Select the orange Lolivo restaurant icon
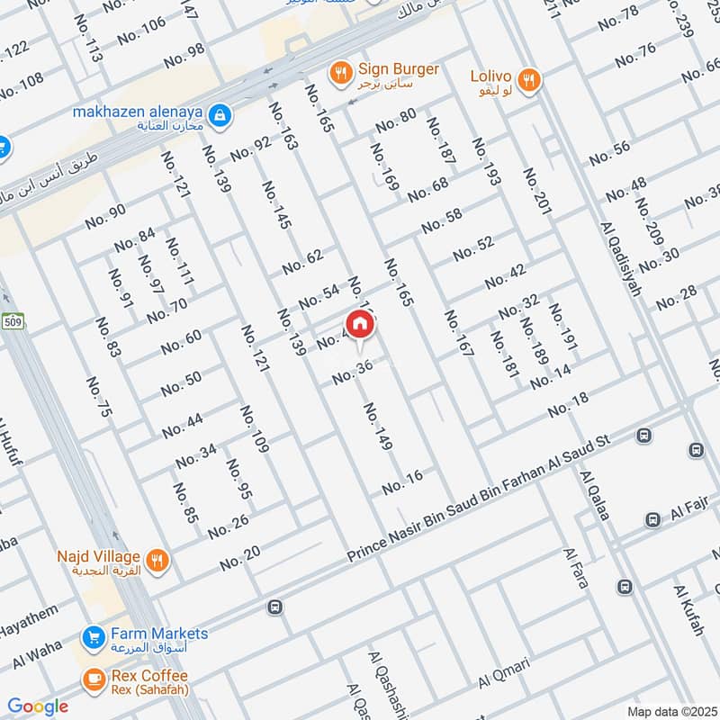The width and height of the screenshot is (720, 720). pos(530,79)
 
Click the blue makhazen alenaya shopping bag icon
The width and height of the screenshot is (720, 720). pos(219,115)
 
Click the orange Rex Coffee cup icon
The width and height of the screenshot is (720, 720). pos(93,679)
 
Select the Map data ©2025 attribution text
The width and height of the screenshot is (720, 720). pos(670,711)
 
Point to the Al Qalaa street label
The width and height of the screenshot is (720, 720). pos(596,495)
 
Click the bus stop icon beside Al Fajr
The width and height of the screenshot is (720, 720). pos(652,519)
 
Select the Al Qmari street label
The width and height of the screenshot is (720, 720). pos(505,674)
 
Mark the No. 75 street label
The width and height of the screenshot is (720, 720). pos(100,397)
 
